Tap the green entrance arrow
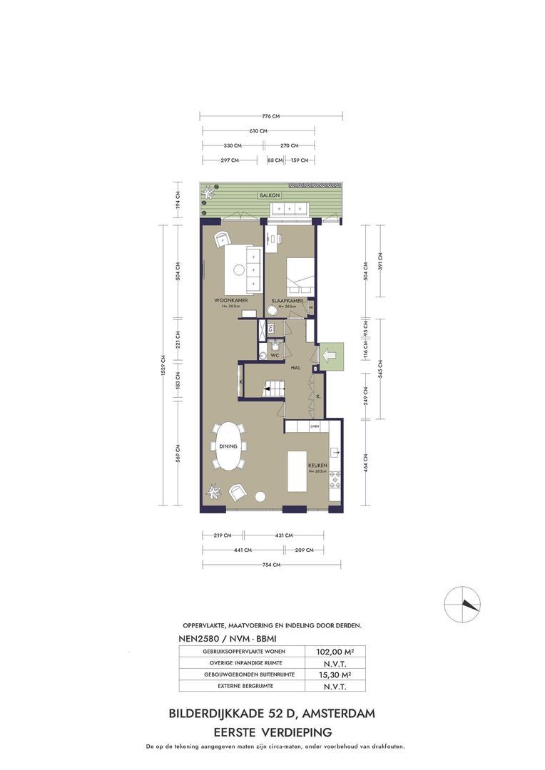coord(330,354)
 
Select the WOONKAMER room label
coord(231,302)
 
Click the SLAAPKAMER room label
coord(288,302)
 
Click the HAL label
coord(295,367)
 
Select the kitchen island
coord(297,471)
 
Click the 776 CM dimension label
coord(270,116)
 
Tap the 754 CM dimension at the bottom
coord(272,565)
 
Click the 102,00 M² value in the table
coord(330,651)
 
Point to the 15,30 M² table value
coord(330,674)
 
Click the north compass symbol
coord(462,605)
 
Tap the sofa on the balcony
coord(289,208)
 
